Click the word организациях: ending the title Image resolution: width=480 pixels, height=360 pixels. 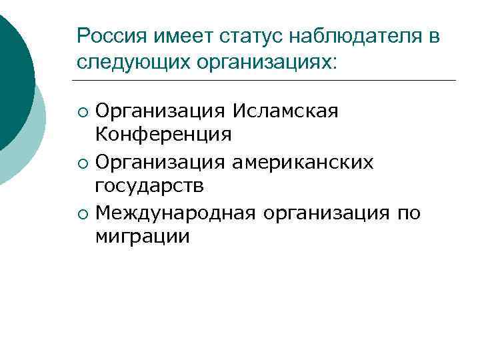click(x=261, y=63)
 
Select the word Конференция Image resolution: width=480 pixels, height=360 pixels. click(x=163, y=135)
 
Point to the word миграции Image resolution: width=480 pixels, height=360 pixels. click(x=142, y=237)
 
